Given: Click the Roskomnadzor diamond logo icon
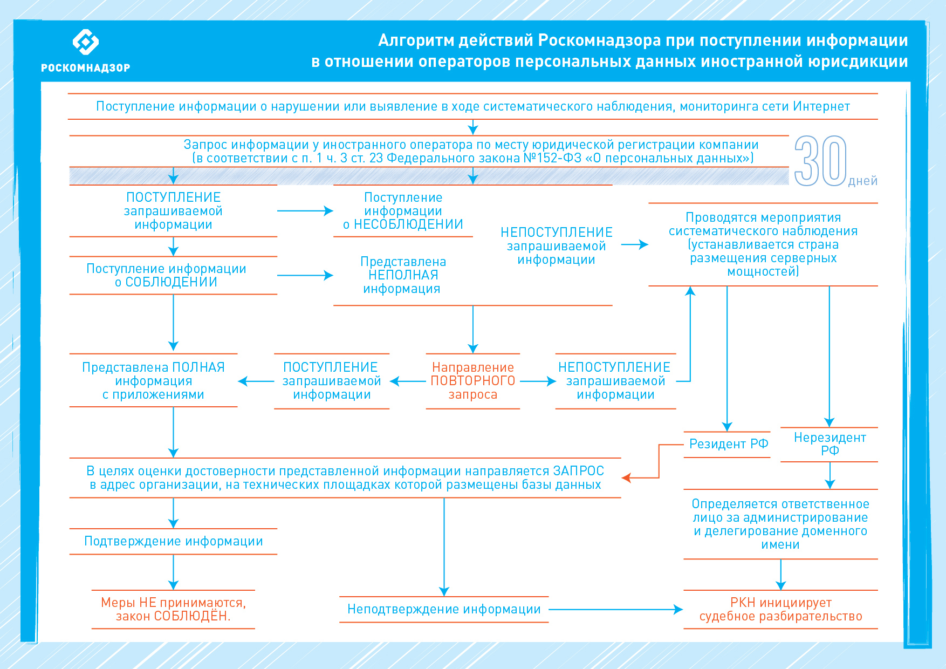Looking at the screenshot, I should point(86,42).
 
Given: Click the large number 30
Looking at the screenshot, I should point(820,161).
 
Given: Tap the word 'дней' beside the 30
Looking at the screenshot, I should point(862,181).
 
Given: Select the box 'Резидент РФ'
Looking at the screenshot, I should point(728,444).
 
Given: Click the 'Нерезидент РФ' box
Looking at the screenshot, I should point(830,444).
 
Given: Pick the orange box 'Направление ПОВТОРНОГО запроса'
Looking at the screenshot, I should point(472,381).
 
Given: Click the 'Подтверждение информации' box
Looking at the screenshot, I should point(173,541).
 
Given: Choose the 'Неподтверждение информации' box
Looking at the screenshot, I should point(444,609).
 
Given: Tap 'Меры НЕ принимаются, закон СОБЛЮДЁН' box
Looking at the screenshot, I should point(173,609).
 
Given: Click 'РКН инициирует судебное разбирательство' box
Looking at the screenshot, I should point(780,609).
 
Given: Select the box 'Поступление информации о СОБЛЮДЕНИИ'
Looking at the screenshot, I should point(167,275).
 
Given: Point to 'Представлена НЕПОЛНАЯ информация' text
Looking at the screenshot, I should point(403,275).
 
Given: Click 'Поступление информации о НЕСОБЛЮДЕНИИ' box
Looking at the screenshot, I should point(403,211).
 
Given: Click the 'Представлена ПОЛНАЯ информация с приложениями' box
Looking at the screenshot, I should point(154,381).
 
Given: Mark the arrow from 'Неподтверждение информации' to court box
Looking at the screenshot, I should point(615,610).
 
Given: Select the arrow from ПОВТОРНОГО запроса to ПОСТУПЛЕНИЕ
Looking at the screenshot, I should point(408,381).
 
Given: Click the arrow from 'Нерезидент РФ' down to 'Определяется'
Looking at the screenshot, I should point(830,475).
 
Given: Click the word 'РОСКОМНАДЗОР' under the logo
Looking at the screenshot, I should point(86,68).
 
